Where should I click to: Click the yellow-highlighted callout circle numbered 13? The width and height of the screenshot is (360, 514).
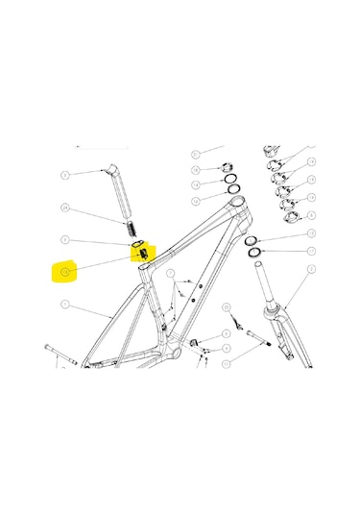coord(65,272)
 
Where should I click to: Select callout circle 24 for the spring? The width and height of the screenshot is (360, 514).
coord(65,208)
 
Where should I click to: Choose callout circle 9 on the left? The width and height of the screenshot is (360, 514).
coord(65,239)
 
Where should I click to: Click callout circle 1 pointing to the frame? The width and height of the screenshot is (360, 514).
coord(65,306)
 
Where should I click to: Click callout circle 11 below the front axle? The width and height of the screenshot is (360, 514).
coord(227,364)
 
